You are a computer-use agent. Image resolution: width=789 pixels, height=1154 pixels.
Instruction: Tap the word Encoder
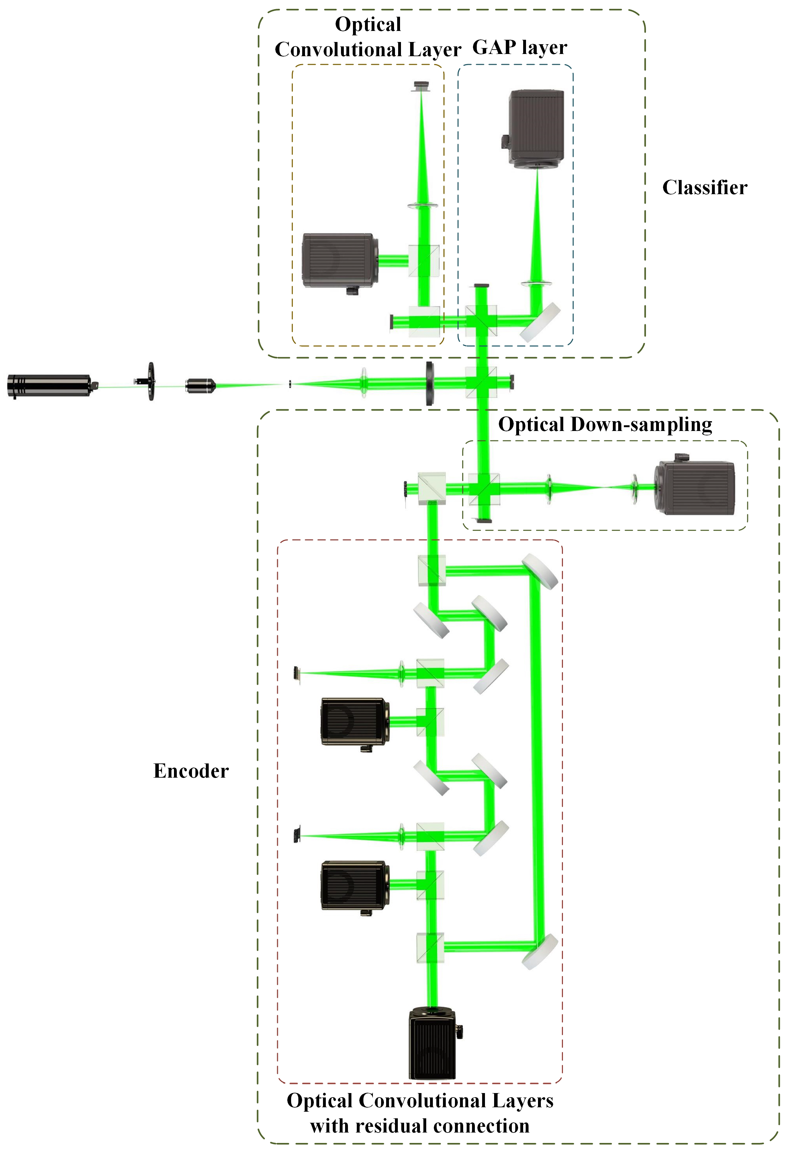click(x=191, y=771)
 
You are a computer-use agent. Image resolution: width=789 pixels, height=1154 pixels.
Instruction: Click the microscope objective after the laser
click(x=200, y=385)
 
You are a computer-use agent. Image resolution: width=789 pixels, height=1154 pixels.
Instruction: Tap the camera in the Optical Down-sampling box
click(x=695, y=487)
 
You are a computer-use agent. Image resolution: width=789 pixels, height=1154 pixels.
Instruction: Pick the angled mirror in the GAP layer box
click(x=540, y=322)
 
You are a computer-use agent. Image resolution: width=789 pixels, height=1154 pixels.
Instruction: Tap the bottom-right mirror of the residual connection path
click(x=540, y=951)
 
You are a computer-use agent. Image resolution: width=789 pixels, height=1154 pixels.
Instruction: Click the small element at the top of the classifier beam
click(x=421, y=86)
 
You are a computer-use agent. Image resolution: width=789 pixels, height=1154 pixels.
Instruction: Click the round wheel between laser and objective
click(x=151, y=381)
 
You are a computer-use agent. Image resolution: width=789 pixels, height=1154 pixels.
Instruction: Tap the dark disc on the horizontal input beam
click(x=429, y=383)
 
